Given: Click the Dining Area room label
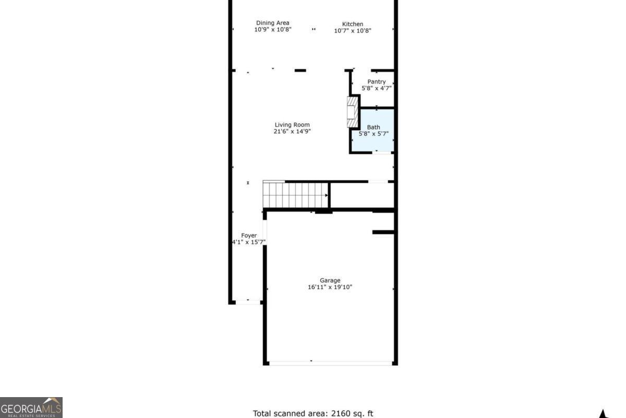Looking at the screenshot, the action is tap(272, 23).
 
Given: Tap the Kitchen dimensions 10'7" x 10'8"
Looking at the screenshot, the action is tap(353, 31).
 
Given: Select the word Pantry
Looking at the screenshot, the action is tap(377, 82).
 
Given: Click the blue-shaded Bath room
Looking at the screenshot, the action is tap(373, 130).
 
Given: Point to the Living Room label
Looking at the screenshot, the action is tap(292, 125).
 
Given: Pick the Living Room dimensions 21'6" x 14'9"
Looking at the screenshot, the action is tap(292, 131).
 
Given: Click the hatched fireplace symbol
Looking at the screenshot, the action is tap(353, 112).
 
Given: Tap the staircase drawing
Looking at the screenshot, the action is tap(295, 194).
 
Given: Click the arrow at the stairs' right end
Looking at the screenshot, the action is tap(326, 195).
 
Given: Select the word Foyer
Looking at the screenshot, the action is tap(249, 236).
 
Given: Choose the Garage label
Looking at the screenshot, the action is tap(330, 280).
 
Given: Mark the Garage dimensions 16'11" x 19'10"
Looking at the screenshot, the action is tap(330, 287).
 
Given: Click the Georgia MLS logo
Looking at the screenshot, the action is tap(31, 408).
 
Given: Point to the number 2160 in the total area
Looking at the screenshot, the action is tap(340, 413).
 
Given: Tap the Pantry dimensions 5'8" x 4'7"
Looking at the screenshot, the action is tap(377, 88).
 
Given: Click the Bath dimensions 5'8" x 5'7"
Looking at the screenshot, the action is tap(374, 134).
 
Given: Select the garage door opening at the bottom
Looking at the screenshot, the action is tap(331, 363).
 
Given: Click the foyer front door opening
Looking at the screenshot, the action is tap(248, 302).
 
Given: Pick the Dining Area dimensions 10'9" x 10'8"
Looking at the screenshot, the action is tap(273, 29).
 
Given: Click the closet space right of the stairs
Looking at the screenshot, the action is tap(362, 195).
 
